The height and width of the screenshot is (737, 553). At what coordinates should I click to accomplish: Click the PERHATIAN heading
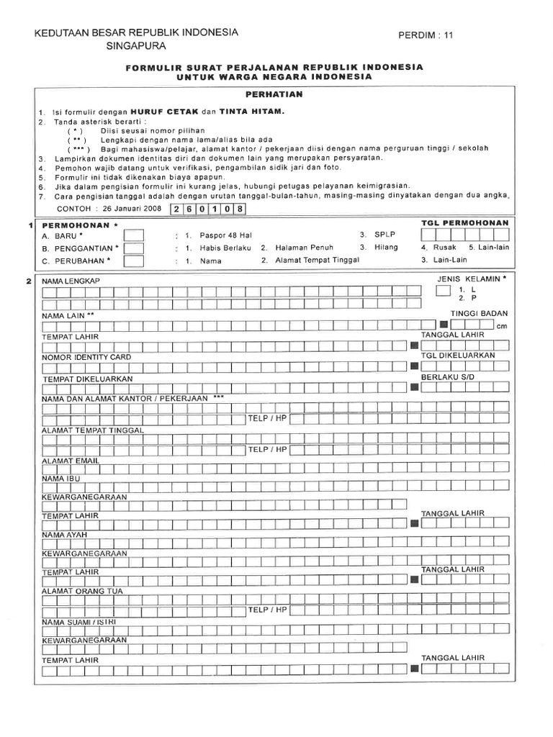coord(276,94)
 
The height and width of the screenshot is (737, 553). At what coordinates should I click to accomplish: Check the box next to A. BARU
coord(133,235)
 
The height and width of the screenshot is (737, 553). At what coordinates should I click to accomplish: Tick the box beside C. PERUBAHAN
coord(133,261)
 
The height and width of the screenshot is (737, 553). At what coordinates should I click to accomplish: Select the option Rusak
coord(446,248)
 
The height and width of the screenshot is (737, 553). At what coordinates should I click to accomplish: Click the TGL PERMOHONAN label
coord(464,223)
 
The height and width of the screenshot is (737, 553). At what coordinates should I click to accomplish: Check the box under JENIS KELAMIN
coord(441,291)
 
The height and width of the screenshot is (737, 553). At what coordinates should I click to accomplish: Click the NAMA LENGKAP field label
coord(70,280)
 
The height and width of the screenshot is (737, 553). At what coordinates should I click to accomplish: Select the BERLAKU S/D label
coord(444,377)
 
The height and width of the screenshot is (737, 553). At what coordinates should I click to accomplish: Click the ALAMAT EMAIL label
coord(70,460)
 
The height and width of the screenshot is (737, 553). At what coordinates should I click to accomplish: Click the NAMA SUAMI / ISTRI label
coord(78,621)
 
